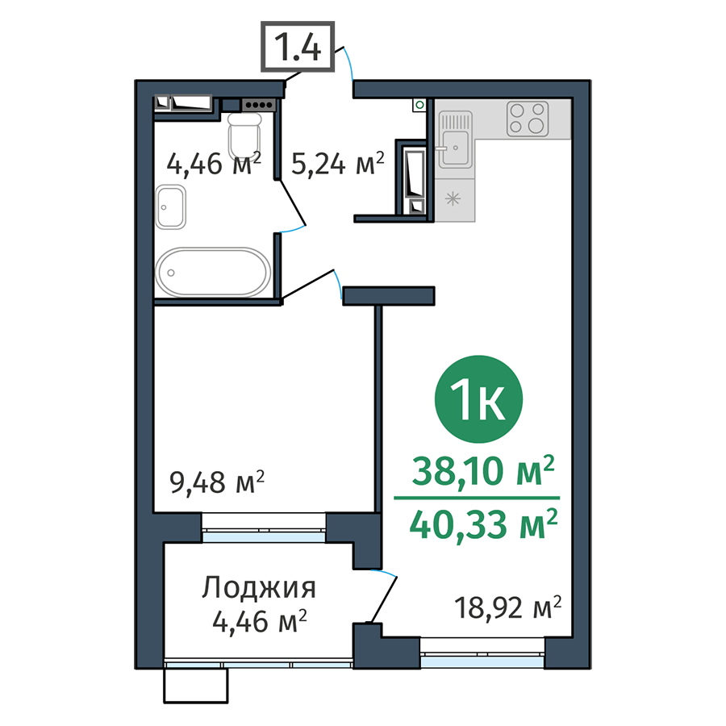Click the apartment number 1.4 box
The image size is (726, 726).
(297, 46)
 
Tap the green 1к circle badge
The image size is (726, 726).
(478, 399)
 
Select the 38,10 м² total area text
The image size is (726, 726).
(483, 470)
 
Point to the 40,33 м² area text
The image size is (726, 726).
(483, 525)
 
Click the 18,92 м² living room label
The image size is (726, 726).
(508, 607)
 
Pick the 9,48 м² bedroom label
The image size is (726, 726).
(217, 482)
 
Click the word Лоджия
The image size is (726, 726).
(259, 589)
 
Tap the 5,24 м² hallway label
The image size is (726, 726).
(338, 164)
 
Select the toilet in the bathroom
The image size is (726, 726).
(244, 136)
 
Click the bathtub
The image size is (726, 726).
(213, 273)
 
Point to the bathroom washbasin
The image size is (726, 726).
(170, 207)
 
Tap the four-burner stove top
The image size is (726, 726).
(528, 119)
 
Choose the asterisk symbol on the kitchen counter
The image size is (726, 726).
(453, 199)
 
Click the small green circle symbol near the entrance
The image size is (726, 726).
(419, 105)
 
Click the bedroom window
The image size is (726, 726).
(264, 528)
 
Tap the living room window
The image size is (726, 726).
(482, 653)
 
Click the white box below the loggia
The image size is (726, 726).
(196, 686)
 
